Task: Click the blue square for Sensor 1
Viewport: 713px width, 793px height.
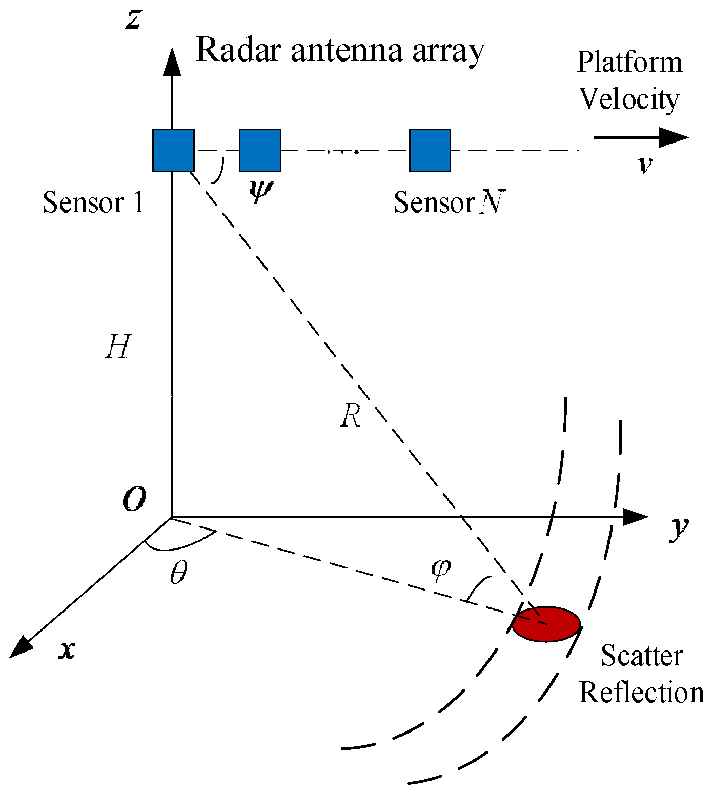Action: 173,150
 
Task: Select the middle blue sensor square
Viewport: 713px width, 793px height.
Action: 260,150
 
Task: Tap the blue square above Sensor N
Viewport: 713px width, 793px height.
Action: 430,150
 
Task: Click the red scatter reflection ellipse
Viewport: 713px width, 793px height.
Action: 546,624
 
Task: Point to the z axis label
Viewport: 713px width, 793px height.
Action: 134,19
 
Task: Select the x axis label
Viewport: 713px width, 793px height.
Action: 67,650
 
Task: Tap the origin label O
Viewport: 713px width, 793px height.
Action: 134,498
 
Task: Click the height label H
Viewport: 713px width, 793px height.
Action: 118,347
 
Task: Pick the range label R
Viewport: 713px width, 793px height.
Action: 351,415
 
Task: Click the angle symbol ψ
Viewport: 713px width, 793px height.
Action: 261,191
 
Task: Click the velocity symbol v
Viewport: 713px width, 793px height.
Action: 645,165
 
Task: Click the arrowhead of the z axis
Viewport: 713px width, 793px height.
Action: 172,62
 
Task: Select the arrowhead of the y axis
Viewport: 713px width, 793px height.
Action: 636,517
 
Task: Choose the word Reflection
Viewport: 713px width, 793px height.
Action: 641,693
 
